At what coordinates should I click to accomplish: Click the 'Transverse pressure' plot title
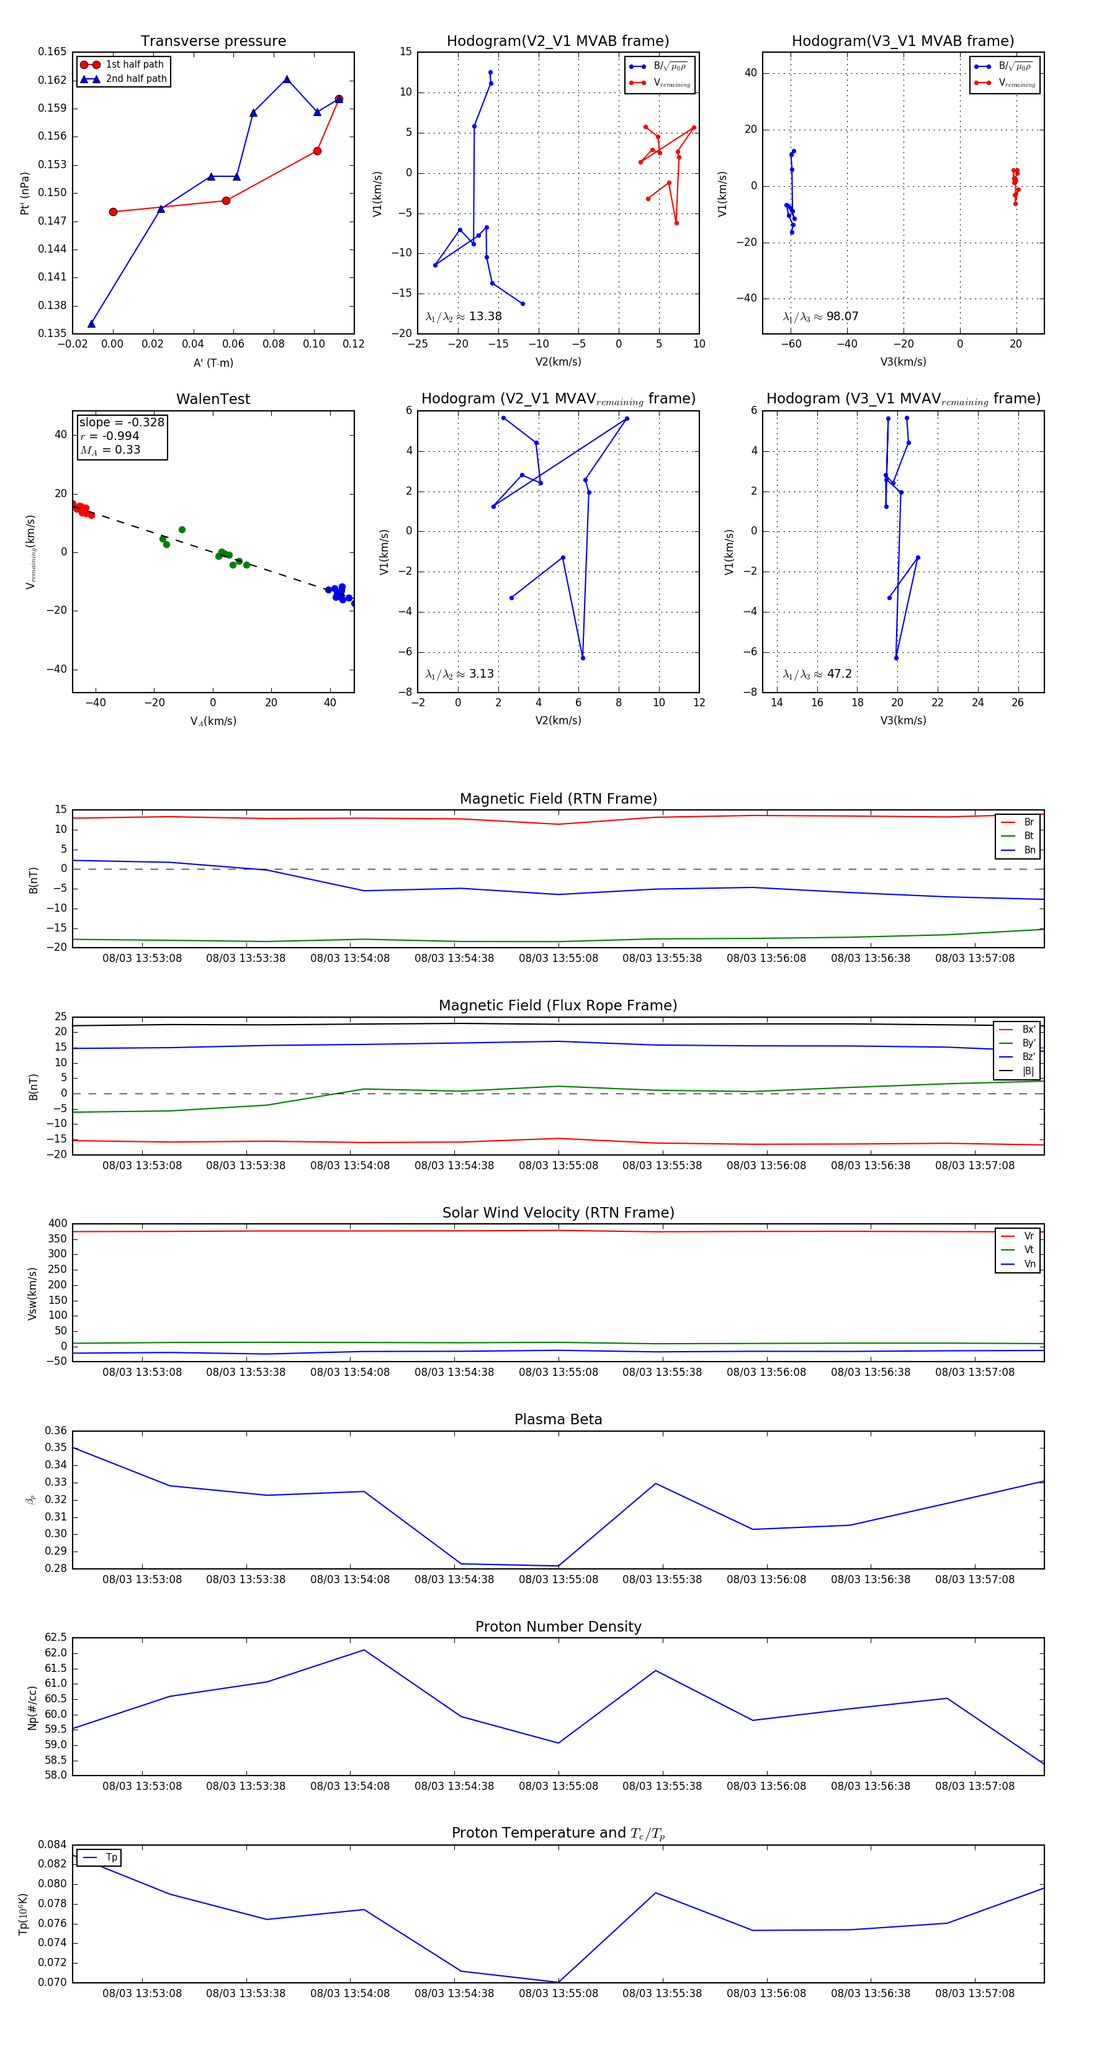(x=213, y=42)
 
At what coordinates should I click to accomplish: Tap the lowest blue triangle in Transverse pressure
(x=91, y=323)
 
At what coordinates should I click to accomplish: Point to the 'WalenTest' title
(x=213, y=399)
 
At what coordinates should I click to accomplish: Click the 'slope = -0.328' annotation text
(x=122, y=422)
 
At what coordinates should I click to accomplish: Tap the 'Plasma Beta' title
(x=558, y=1419)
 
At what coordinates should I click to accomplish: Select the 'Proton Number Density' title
(x=558, y=1626)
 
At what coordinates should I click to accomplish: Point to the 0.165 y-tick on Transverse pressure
(x=53, y=52)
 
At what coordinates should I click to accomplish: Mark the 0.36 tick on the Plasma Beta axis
(x=56, y=1430)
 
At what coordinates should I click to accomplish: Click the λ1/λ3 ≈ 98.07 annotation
(x=820, y=317)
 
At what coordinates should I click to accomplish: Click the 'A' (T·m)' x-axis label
(x=213, y=362)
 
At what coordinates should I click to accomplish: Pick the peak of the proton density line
(x=364, y=1650)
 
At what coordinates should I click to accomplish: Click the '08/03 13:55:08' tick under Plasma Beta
(x=558, y=1579)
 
